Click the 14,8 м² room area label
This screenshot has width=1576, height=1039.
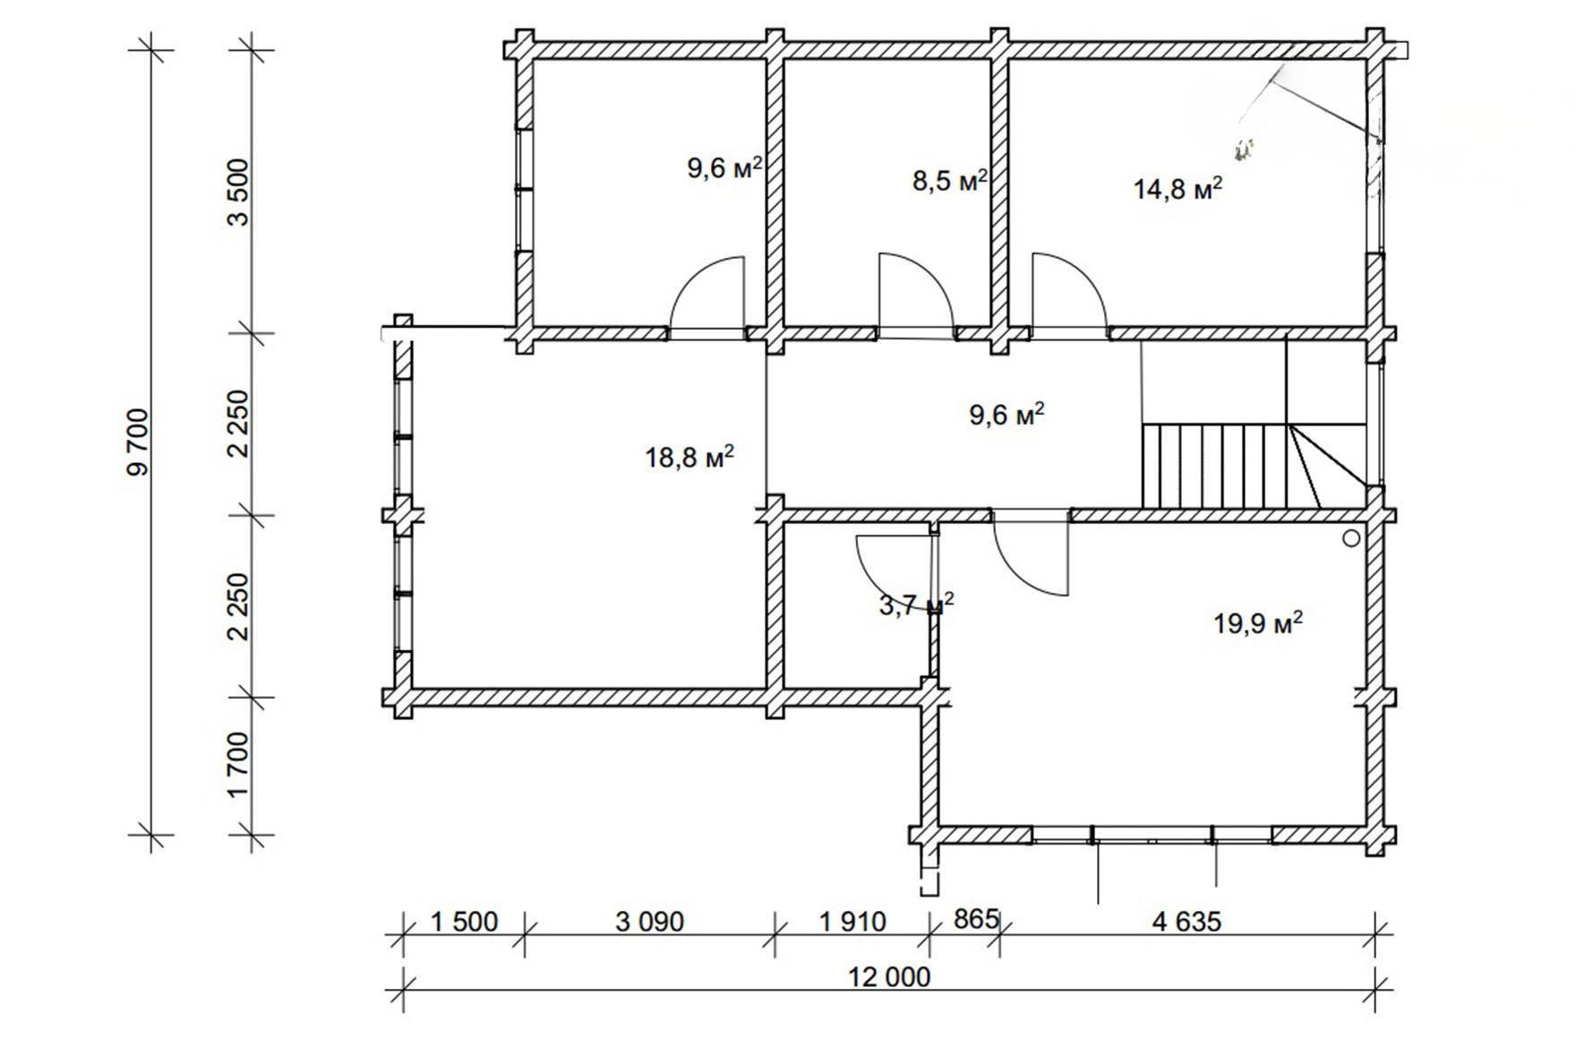click(x=1178, y=188)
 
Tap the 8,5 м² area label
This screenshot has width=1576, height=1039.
click(x=950, y=180)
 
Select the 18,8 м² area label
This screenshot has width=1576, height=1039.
click(x=689, y=457)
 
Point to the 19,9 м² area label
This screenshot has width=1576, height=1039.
click(x=1257, y=622)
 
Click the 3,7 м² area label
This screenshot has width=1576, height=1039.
click(x=917, y=605)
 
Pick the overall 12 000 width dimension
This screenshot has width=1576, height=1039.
click(x=889, y=976)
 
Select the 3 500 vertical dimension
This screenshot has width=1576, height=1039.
click(x=239, y=192)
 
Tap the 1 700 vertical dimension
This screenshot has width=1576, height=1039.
click(x=239, y=766)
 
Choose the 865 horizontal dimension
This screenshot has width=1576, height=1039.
click(x=976, y=920)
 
